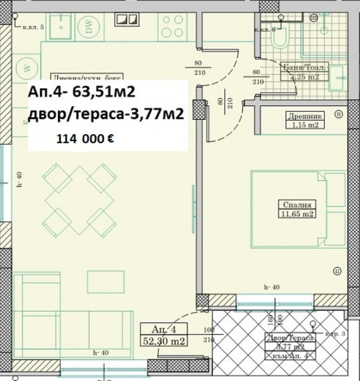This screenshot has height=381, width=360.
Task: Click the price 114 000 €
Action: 84,138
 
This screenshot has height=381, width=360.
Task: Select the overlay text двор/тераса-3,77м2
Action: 105,114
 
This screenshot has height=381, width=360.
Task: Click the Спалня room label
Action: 297,205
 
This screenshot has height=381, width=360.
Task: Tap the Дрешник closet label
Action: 306,115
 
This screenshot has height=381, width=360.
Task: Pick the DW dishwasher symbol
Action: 90,29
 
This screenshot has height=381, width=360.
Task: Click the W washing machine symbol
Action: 26,68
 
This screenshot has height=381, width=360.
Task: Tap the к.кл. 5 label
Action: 33,27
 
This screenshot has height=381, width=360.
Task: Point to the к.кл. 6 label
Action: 265,29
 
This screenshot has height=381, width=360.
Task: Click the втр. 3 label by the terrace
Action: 334,333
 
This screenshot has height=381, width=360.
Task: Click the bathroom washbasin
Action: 337,75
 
